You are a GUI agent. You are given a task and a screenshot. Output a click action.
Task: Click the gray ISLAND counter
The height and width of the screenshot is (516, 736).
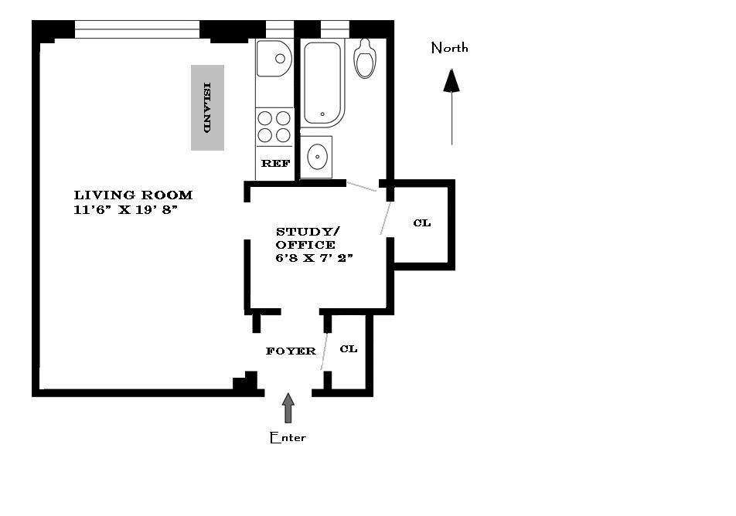207,107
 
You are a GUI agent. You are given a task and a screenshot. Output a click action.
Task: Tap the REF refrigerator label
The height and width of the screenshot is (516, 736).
275,163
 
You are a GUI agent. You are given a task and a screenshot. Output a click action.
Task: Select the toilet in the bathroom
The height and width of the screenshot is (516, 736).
365,58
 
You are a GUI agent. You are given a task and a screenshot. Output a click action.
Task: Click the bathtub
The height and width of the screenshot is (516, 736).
322,83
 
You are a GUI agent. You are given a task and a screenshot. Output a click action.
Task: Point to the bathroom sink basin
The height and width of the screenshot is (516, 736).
317,157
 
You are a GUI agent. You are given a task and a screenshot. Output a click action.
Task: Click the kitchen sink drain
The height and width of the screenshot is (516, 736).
280,59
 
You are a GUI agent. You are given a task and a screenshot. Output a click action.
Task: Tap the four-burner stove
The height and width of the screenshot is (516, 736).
274,126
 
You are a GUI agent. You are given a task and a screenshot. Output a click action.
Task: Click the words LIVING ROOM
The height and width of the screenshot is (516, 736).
133,195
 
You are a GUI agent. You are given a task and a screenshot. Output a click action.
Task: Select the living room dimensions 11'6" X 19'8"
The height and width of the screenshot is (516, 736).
126,209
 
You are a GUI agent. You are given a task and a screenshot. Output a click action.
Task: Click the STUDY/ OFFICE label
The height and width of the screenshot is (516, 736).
308,238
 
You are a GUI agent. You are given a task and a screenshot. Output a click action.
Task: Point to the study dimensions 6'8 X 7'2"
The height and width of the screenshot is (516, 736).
314,257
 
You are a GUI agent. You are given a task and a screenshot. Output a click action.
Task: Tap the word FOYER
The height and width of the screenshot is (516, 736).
291,351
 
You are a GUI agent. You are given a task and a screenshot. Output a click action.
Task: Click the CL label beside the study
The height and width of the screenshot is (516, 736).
422,222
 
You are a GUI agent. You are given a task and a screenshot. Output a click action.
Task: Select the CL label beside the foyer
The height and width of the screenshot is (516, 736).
348,348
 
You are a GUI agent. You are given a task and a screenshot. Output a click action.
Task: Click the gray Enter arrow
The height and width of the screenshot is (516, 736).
288,408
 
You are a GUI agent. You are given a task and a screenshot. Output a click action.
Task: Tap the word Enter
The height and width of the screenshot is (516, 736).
288,437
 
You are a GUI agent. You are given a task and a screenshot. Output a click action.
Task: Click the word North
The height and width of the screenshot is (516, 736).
449,47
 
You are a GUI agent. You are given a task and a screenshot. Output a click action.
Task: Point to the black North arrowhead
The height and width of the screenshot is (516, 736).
451,80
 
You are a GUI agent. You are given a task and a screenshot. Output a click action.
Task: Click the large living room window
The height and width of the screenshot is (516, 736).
137,29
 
